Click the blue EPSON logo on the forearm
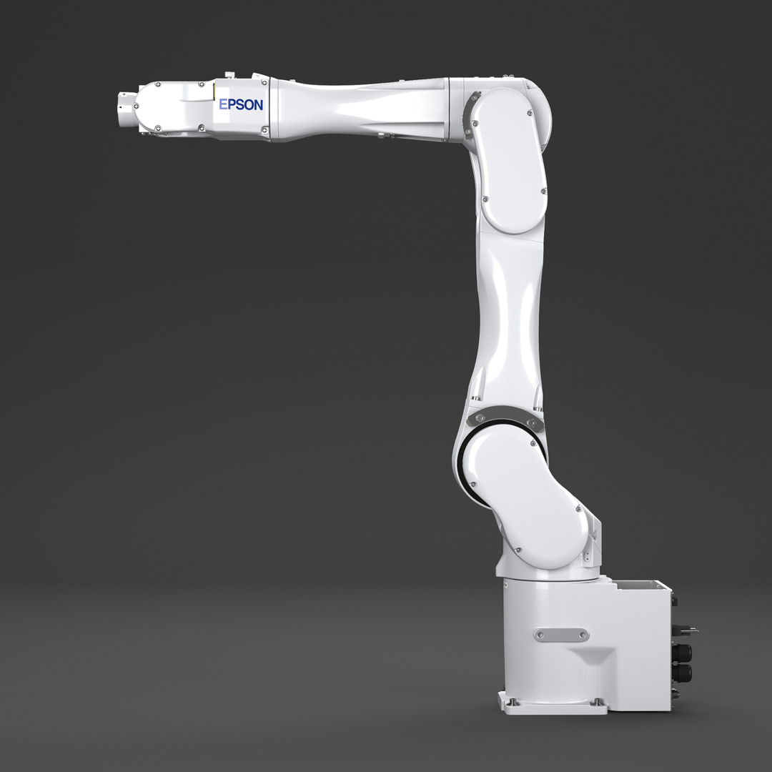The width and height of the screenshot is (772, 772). pos(241,104)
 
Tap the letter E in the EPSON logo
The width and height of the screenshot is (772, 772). pos(222,104)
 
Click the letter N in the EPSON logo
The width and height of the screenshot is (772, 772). pos(257,104)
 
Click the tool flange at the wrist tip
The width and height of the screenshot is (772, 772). pos(126,108)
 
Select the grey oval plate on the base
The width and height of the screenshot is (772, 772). pos(561,635)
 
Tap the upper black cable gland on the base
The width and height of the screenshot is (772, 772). pos(682,653)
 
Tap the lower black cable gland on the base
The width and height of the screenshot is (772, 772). pos(682,673)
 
